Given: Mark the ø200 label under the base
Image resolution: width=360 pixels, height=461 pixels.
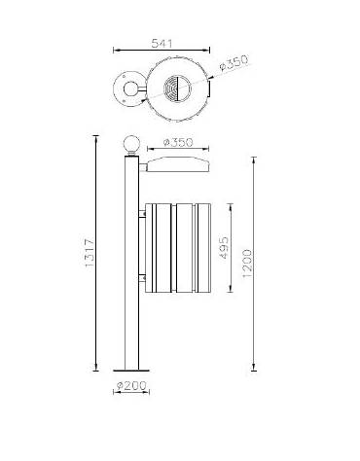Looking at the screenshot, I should pyautogui.click(x=129, y=386).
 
